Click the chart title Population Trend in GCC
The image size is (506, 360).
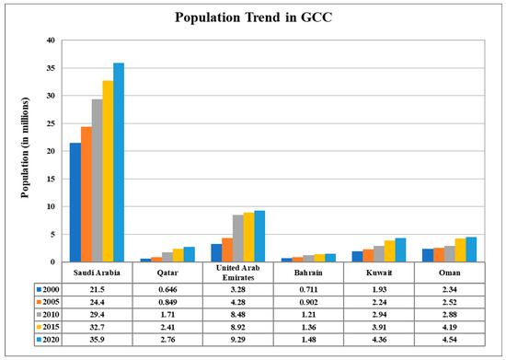pos(253,17)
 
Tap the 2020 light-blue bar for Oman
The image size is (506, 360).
pos(445,249)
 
